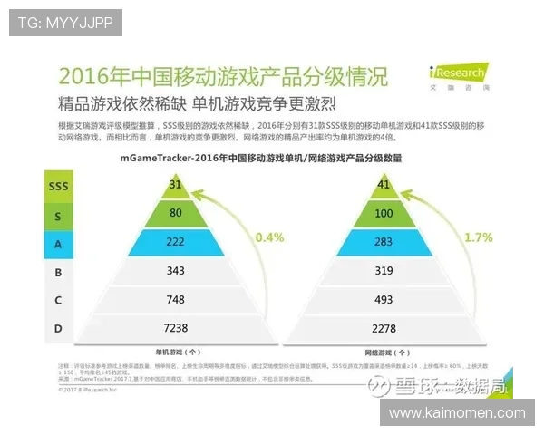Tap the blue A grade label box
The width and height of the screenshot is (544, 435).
[58, 242]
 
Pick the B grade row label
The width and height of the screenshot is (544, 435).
[58, 270]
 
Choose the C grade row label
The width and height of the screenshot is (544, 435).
[58, 299]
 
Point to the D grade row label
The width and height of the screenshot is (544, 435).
[58, 328]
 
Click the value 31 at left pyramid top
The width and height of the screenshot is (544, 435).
[176, 185]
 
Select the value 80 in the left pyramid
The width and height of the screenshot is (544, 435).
[176, 214]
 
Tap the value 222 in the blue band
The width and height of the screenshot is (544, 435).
[176, 242]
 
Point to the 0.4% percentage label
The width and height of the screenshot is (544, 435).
[269, 237]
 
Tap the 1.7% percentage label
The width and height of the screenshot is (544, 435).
[477, 237]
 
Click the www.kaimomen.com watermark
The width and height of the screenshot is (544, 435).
[457, 413]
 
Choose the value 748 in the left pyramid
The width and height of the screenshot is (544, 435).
[176, 299]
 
